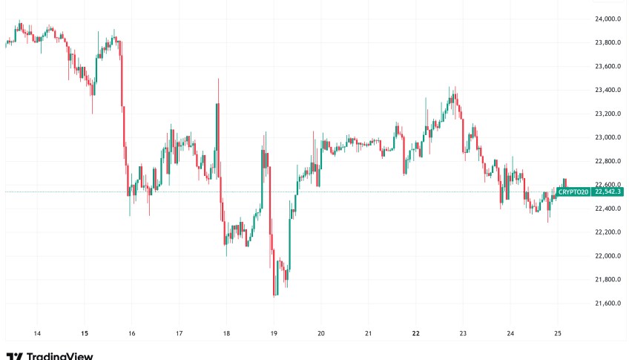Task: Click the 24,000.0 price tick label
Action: pyautogui.click(x=608, y=19)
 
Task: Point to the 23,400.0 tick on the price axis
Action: pyautogui.click(x=608, y=90)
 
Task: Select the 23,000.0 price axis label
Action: pyautogui.click(x=608, y=137)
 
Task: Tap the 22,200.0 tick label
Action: pyautogui.click(x=608, y=232)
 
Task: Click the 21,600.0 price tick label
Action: pyautogui.click(x=608, y=304)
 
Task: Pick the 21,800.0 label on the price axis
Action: pyautogui.click(x=608, y=280)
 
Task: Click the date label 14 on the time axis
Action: pyautogui.click(x=37, y=333)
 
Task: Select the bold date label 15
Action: pyautogui.click(x=85, y=333)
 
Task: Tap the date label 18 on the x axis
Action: pyautogui.click(x=226, y=333)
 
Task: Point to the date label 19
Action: pyautogui.click(x=274, y=333)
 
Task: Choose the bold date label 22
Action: pyautogui.click(x=415, y=333)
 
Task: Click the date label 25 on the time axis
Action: pyautogui.click(x=557, y=333)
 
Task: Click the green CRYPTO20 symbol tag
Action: pyautogui.click(x=574, y=192)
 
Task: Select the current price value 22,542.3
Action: pyautogui.click(x=608, y=192)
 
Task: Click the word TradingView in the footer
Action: pyautogui.click(x=59, y=356)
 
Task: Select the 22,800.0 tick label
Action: pyautogui.click(x=608, y=161)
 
